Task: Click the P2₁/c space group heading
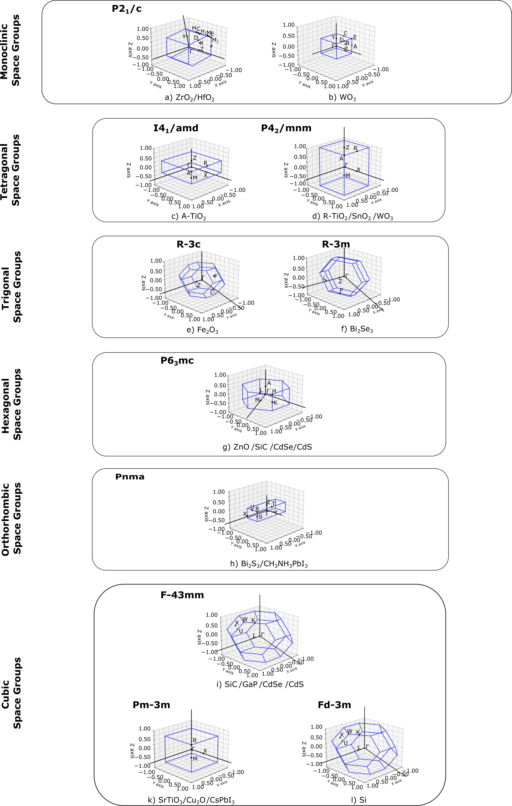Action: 126,9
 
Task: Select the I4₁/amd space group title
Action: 176,128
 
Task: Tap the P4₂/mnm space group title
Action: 286,128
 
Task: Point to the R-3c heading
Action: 188,244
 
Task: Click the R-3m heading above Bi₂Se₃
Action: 336,244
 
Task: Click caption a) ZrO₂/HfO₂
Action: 190,98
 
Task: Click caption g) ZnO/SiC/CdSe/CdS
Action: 267,447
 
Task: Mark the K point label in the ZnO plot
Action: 275,403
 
